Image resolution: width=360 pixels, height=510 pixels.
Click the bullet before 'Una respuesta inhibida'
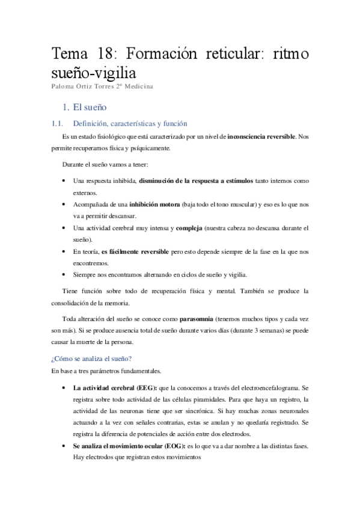(64, 181)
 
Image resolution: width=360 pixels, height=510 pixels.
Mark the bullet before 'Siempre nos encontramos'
(64, 275)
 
